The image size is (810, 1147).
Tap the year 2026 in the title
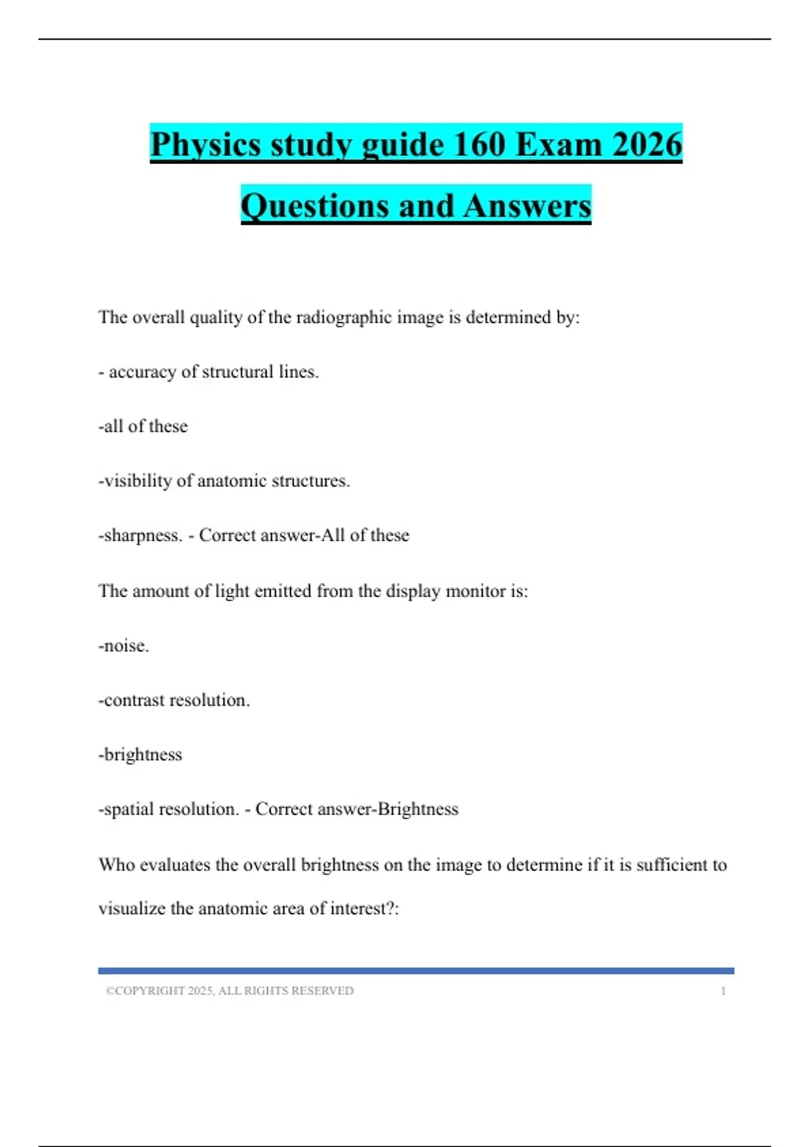pos(647,144)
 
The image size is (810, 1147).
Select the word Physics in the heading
pos(205,144)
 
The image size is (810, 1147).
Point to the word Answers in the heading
pos(527,206)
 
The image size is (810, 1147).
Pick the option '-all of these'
pos(143,426)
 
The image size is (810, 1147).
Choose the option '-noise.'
pos(124,646)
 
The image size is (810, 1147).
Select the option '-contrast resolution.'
pos(174,700)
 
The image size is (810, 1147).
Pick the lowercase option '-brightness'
pos(140,755)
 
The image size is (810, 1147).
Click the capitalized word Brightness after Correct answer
pos(418,809)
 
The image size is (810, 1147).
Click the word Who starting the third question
pos(116,865)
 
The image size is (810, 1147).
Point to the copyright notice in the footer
pos(230,991)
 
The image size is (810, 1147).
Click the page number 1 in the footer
pos(723,991)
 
